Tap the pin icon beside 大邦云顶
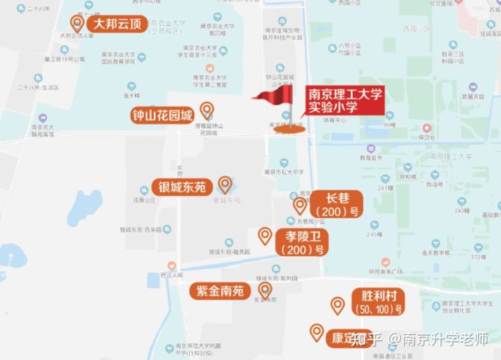tap(77, 24)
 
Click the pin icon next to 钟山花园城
tap(207, 110)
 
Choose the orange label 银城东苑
tap(182, 187)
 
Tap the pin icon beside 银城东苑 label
tap(225, 185)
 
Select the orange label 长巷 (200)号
tap(337, 203)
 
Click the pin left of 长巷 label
tap(300, 205)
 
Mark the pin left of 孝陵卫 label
tap(264, 236)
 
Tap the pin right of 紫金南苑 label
tap(264, 290)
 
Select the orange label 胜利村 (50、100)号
tap(377, 302)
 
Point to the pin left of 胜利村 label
tap(337, 305)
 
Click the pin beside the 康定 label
tap(317, 332)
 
